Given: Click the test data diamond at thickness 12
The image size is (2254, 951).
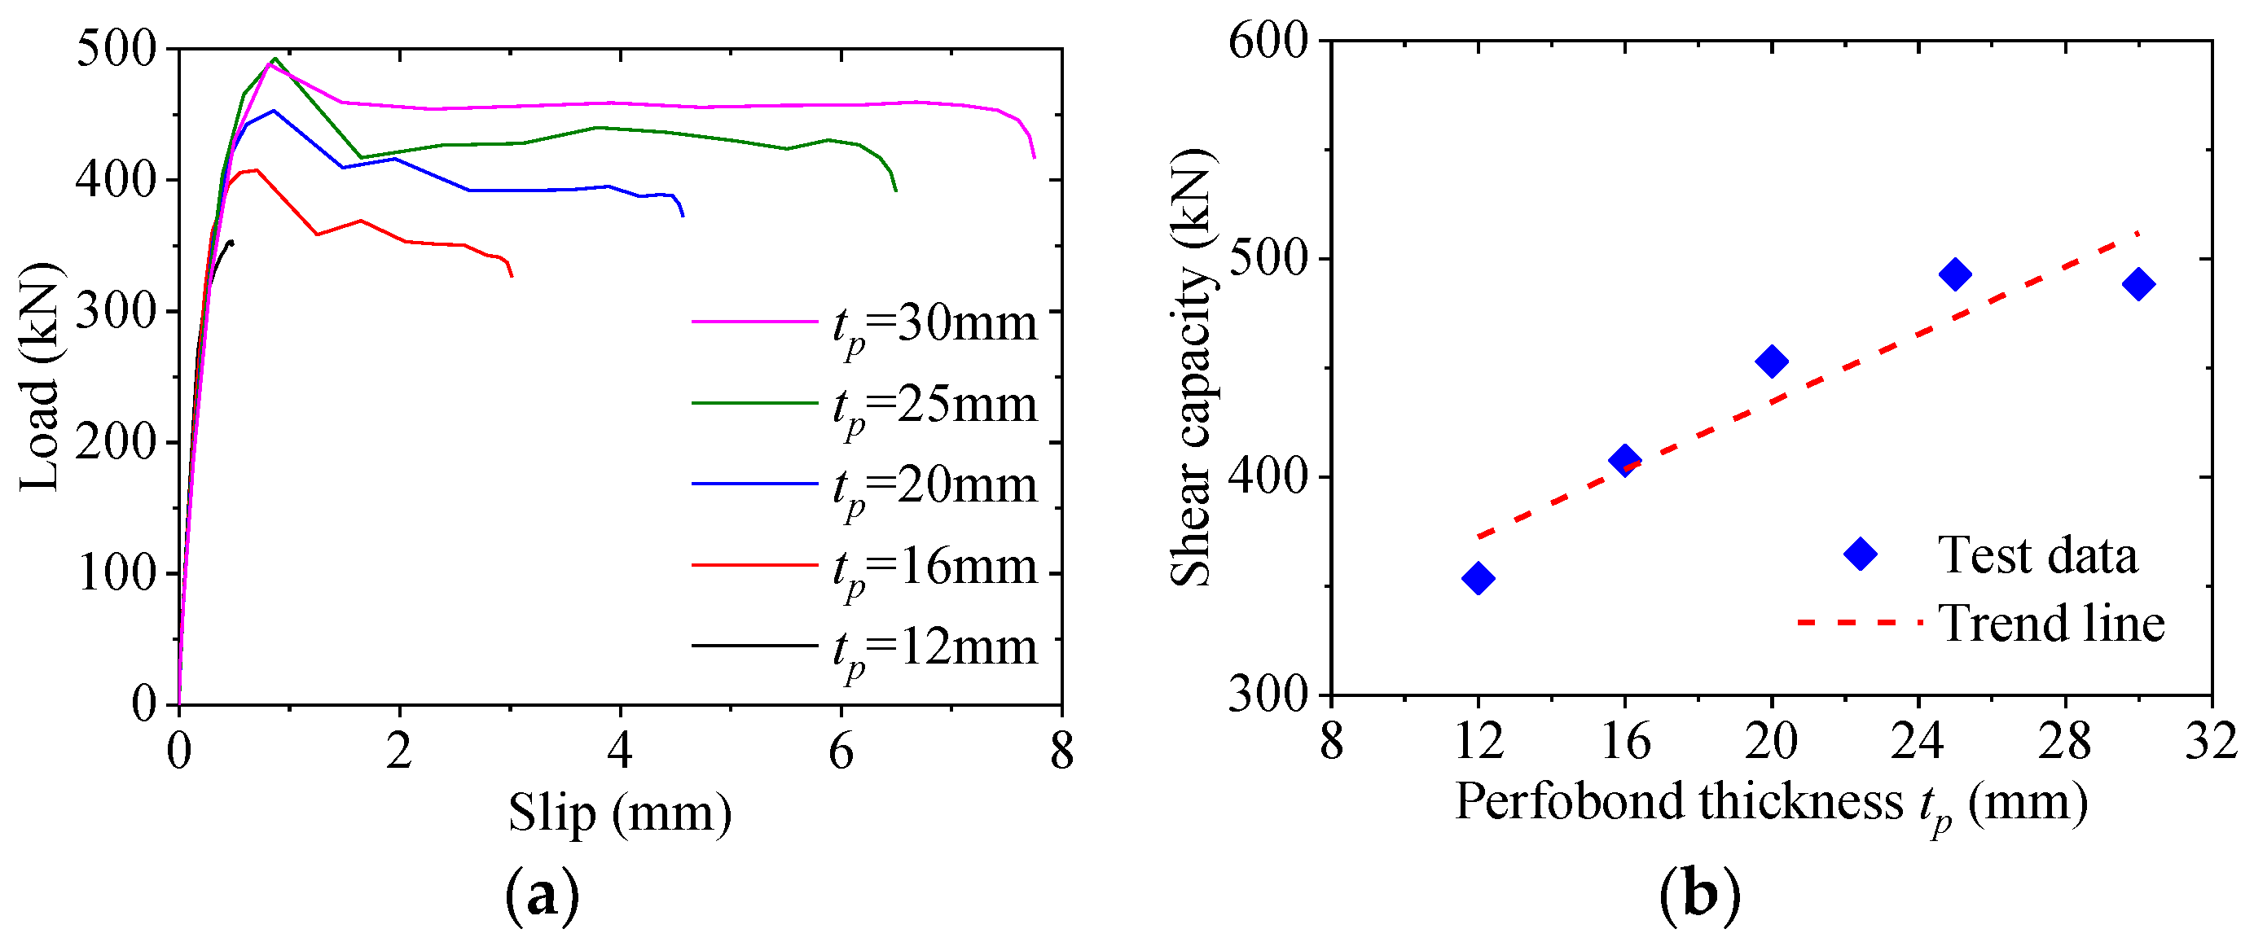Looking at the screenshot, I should click(1478, 578).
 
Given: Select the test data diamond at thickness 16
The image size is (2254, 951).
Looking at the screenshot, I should click(1625, 459).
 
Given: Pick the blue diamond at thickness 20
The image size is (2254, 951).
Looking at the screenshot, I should click(1772, 362).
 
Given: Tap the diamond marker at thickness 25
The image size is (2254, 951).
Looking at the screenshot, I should click(1955, 274).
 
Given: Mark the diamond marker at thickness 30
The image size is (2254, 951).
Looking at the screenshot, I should click(2138, 284).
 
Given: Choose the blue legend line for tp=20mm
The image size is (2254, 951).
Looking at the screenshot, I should click(754, 484).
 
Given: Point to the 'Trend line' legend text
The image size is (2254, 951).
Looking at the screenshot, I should click(2051, 624).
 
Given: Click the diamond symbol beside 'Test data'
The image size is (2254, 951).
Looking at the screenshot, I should click(1861, 554).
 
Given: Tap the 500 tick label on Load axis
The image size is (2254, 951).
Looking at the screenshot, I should click(116, 48).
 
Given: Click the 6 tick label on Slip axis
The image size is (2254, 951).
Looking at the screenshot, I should click(841, 752).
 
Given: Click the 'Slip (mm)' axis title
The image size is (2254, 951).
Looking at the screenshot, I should click(619, 813).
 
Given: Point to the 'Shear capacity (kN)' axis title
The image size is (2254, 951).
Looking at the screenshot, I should click(1192, 367).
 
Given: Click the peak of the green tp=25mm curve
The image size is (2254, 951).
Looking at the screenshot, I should click(275, 59).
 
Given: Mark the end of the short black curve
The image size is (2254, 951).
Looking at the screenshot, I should click(232, 243).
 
